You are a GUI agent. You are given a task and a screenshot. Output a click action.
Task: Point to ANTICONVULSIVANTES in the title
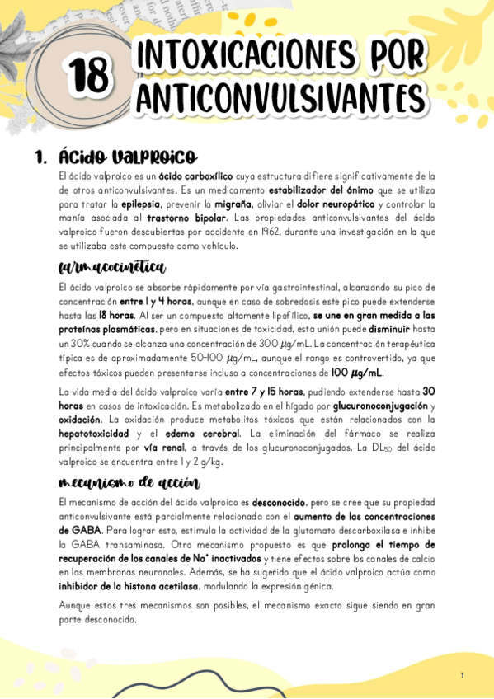[x=280, y=96]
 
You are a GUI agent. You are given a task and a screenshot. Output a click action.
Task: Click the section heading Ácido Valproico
[x=127, y=157]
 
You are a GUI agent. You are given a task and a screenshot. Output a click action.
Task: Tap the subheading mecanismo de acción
[x=129, y=482]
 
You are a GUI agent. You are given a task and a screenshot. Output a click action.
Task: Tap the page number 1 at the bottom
[x=463, y=676]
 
